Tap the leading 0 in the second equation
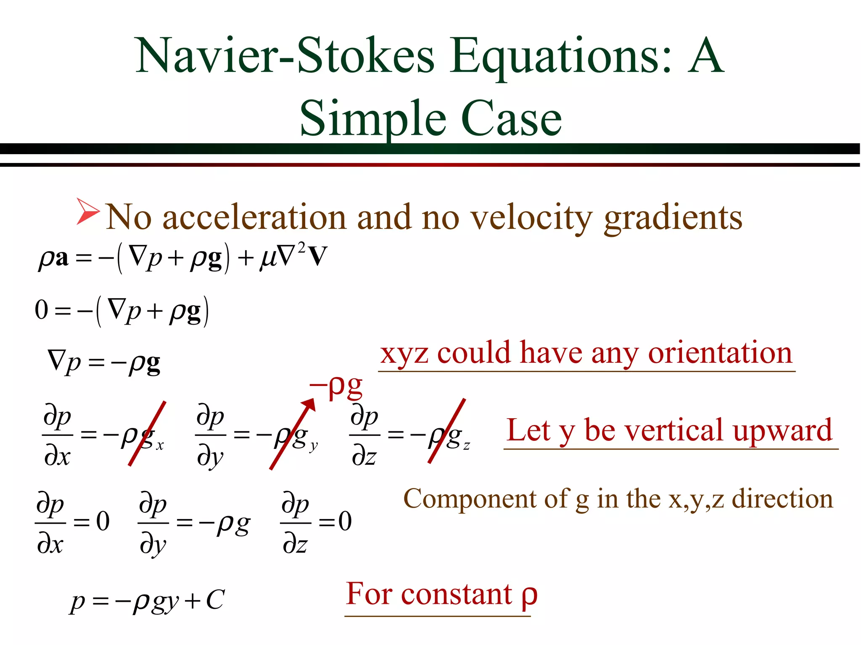point(41,310)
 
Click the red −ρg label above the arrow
point(336,385)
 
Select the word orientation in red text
point(719,353)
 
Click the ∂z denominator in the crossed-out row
point(364,456)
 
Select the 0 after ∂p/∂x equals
point(103,522)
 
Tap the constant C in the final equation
point(215,600)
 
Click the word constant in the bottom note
point(457,595)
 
